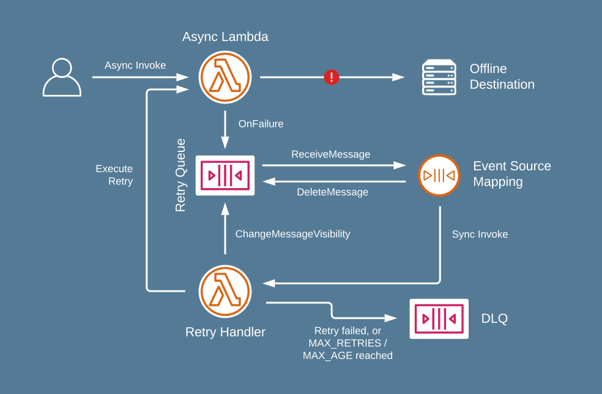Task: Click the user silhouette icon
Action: pos(62,77)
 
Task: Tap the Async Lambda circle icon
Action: pos(225,77)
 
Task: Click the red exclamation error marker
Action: pos(332,77)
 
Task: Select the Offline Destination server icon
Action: pos(439,77)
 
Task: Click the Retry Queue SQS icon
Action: pos(225,176)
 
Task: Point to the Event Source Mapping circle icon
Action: pos(439,176)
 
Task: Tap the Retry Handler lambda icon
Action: pos(225,292)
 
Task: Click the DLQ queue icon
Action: pos(439,319)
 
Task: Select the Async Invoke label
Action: pos(135,66)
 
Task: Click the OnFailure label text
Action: pos(261,124)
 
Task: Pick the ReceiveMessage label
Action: pos(330,154)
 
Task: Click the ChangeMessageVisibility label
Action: pos(292,234)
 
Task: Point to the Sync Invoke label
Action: pos(480,235)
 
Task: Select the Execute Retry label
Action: pos(114,175)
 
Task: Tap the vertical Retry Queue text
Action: pos(180,175)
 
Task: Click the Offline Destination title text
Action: pos(502,77)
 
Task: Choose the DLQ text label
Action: pos(494,319)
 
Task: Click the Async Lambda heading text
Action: pos(225,37)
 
